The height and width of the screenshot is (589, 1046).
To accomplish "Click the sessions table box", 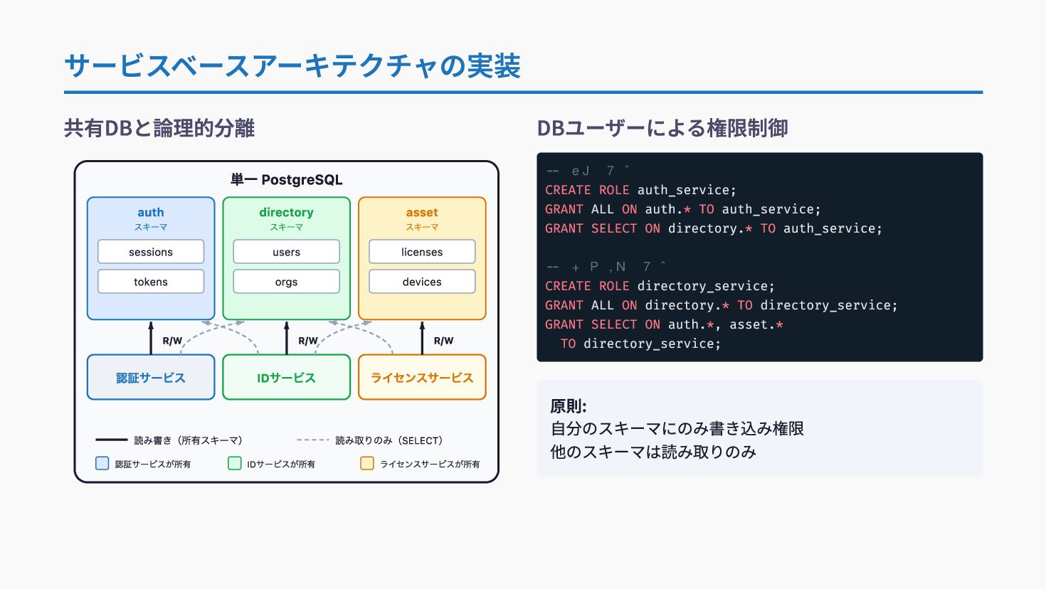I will click(x=151, y=252).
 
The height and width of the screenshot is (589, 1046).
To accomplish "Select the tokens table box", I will click(x=151, y=282).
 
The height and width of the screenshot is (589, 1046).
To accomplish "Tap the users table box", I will click(x=286, y=252).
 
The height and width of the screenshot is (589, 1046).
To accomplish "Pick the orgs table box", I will click(x=286, y=282).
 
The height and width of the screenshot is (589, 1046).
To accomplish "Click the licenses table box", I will click(x=422, y=252).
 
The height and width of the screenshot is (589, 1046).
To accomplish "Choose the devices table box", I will click(x=422, y=282).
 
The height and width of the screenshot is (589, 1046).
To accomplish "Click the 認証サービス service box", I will click(x=151, y=378).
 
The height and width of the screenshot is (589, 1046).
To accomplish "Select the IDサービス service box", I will click(x=286, y=378).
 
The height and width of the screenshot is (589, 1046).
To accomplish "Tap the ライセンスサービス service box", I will click(x=422, y=378).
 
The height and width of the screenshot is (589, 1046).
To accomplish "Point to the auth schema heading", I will click(x=151, y=212).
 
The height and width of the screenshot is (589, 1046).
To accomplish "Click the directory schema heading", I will click(x=286, y=212).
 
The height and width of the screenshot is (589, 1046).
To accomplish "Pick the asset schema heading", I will click(x=422, y=212).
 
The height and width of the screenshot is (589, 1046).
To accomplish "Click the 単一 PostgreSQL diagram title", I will click(x=286, y=180).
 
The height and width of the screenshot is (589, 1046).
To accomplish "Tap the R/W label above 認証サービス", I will click(x=172, y=341).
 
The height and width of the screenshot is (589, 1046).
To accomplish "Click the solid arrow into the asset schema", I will click(x=422, y=337).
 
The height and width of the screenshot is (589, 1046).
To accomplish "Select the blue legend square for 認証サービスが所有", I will click(x=102, y=464).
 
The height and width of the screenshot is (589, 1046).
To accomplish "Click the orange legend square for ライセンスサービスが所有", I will click(x=367, y=464).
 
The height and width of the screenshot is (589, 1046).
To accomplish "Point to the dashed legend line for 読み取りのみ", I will click(x=313, y=440).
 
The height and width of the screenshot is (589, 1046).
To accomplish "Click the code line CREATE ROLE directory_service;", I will click(x=660, y=286).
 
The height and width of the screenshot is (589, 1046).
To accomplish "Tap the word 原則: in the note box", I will click(x=568, y=407).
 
